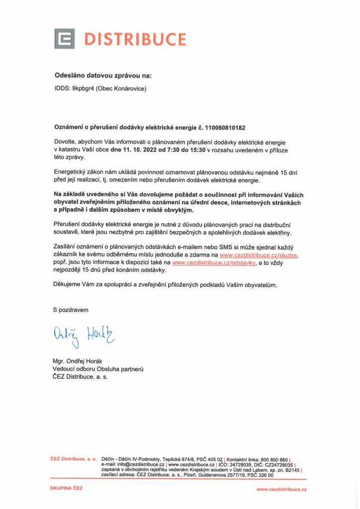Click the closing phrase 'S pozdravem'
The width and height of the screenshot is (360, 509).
(x=71, y=310)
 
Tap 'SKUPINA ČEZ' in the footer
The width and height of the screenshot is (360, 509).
(x=67, y=488)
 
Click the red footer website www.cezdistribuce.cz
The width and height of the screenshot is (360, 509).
(x=281, y=489)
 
